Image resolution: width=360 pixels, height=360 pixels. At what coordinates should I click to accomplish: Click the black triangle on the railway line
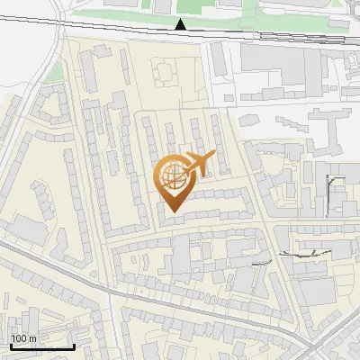[181, 24]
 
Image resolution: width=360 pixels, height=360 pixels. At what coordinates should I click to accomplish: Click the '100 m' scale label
[23, 337]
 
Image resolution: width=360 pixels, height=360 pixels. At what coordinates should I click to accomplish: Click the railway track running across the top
[270, 35]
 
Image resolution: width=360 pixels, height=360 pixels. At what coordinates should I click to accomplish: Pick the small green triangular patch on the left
[56, 72]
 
